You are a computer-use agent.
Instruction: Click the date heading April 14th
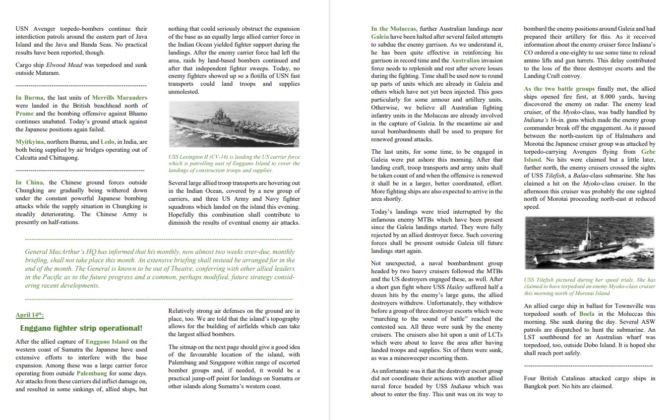[29, 315]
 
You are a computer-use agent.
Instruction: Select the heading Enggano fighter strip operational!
[81, 328]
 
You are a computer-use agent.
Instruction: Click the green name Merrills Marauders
[120, 98]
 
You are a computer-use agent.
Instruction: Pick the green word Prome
[25, 114]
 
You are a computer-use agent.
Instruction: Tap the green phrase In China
[29, 182]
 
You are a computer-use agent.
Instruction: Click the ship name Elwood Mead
[64, 65]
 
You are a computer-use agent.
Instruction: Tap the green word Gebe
[648, 152]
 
